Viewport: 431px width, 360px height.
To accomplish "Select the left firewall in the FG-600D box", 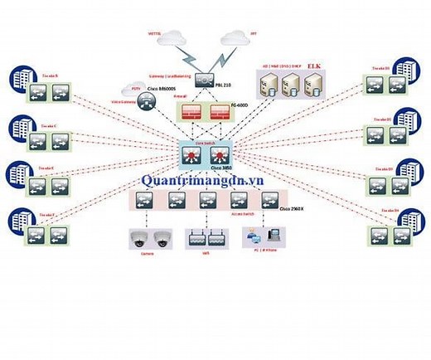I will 186,113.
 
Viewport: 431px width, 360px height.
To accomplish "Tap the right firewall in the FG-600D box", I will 220,113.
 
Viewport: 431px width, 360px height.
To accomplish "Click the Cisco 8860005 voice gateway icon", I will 146,101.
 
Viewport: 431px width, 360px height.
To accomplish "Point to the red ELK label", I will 314,66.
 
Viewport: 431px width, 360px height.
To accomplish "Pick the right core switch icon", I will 219,160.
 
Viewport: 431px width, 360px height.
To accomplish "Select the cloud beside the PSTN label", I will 133,87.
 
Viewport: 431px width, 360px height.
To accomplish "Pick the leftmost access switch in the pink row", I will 146,201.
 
